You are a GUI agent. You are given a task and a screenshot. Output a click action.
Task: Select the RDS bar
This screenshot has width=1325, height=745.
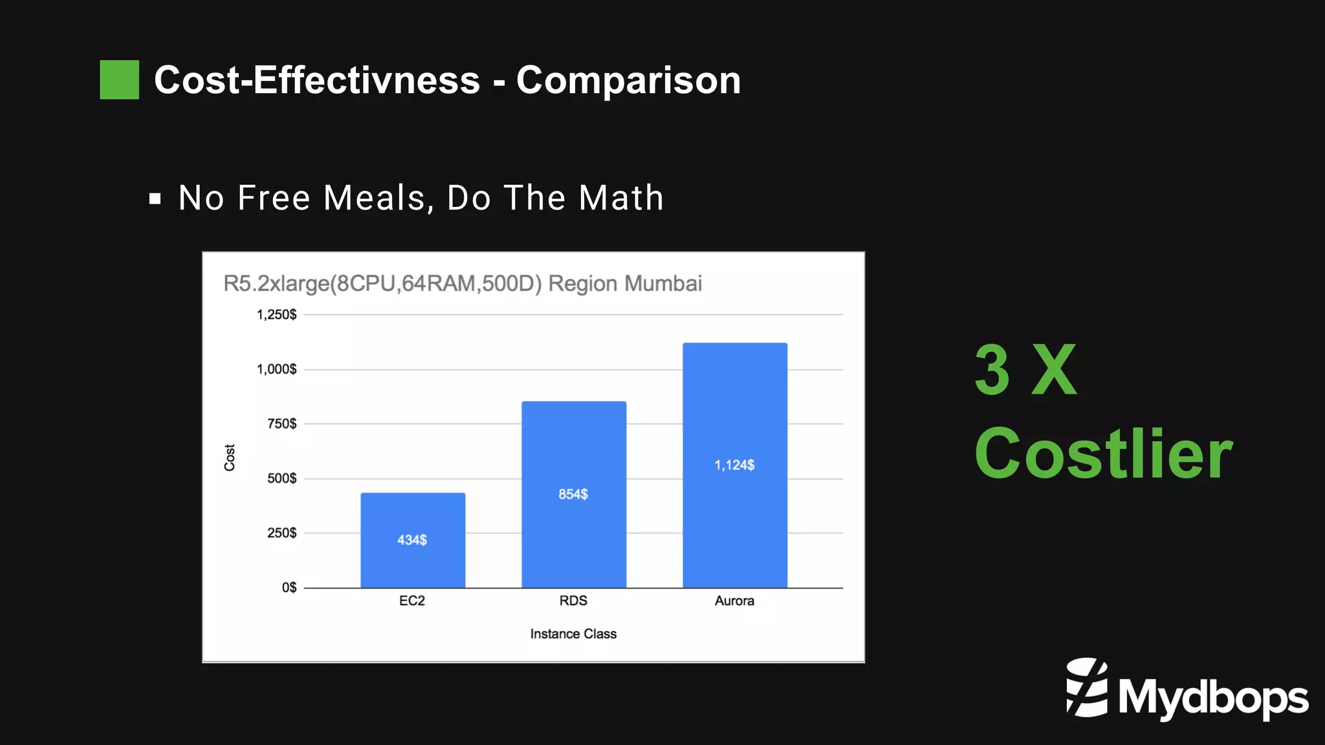coord(574,453)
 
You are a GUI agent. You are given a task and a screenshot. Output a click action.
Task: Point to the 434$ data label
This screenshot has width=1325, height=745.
coord(412,540)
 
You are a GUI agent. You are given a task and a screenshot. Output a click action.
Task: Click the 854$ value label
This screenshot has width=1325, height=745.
coord(573,494)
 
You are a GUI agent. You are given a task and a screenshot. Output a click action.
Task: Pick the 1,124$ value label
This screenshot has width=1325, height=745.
coord(734,465)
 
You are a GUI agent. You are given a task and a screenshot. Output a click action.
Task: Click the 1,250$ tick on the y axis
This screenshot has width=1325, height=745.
coord(277,315)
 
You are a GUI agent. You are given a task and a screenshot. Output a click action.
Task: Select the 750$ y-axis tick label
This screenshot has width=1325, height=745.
coord(282,424)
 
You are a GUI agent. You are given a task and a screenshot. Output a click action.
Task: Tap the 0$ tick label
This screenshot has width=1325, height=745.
coord(289,587)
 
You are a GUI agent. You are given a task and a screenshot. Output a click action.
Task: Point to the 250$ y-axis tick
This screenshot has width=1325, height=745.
coord(282,533)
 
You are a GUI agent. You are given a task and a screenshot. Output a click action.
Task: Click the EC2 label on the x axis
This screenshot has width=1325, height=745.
coord(412,601)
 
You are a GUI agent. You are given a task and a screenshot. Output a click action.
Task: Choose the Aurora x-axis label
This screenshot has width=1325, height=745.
coord(734,601)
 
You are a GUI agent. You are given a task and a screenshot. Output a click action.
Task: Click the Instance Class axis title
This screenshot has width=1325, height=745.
coord(573,634)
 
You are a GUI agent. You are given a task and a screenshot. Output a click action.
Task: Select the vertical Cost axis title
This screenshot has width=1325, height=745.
coord(230,457)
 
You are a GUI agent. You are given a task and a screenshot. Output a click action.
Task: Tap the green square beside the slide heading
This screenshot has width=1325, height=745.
coord(120,80)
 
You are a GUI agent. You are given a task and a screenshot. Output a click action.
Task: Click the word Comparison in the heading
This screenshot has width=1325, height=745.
coord(628,80)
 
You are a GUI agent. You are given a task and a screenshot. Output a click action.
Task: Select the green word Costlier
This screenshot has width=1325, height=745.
coord(1104,454)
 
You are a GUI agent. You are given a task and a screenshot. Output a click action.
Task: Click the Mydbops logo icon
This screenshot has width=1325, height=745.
coord(1087,687)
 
